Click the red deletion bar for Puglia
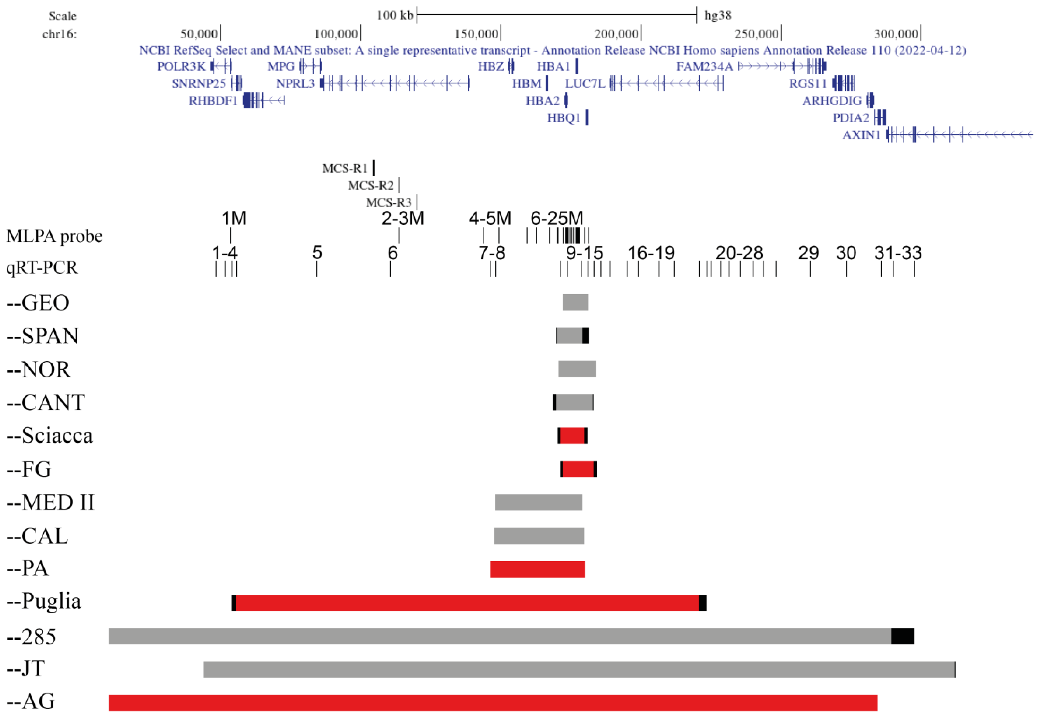coord(468,603)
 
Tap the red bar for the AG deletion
coord(493,703)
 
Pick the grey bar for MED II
coord(538,502)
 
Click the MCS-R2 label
coord(371,185)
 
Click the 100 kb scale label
coord(395,16)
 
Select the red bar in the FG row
coord(578,469)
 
